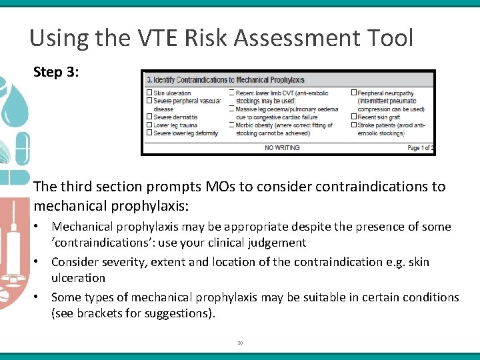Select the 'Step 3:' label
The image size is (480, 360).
56,72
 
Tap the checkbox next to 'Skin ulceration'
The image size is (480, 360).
149,93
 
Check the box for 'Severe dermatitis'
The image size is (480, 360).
149,117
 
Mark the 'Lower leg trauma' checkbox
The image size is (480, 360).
149,125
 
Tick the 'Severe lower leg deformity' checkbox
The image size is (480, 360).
149,133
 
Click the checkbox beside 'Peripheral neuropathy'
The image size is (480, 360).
353,93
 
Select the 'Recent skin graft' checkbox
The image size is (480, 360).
353,117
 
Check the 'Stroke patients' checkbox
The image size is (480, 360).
353,125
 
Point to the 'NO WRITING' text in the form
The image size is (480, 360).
282,147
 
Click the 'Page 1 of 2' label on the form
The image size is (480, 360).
420,148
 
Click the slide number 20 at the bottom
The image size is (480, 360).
240,343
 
